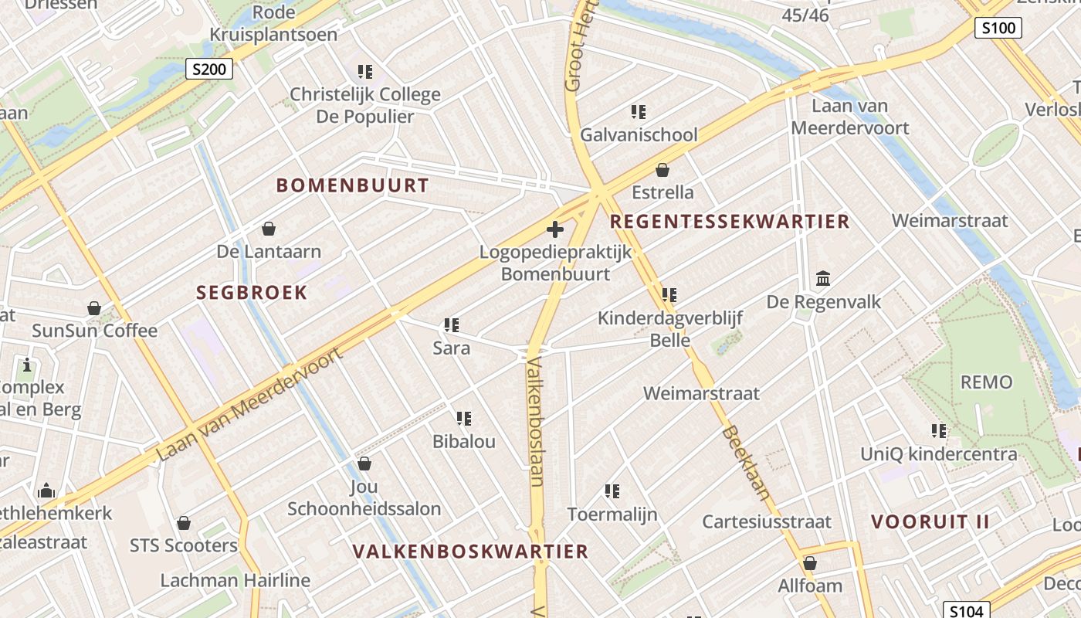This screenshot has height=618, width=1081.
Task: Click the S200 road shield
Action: point(209,70)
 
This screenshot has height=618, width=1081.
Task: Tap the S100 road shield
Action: point(998,29)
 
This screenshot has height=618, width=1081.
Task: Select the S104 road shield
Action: point(966,611)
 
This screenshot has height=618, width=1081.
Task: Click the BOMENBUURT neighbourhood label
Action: point(352,185)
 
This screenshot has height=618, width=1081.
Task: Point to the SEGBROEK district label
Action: point(252,293)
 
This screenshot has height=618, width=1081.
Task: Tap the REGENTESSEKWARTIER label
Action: point(730,222)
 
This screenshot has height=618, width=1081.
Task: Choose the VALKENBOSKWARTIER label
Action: point(470,552)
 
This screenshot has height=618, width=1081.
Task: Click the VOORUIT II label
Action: point(930,521)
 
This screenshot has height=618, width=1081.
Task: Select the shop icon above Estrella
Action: point(662,170)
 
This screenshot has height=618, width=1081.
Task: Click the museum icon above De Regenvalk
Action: point(823,279)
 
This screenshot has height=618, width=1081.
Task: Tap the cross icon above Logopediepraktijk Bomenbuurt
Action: point(554,229)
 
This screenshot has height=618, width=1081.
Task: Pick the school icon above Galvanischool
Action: point(639,113)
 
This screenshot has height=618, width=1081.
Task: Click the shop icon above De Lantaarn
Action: point(269,229)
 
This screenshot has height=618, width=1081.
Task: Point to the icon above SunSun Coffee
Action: point(94,308)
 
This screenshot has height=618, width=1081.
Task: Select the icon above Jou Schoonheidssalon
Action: point(364,463)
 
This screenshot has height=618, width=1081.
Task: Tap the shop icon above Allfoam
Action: point(810,563)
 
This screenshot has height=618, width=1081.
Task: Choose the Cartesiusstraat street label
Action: point(767,521)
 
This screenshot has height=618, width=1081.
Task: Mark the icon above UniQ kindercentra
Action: point(939,431)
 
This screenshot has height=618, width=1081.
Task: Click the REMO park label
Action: point(986,382)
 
